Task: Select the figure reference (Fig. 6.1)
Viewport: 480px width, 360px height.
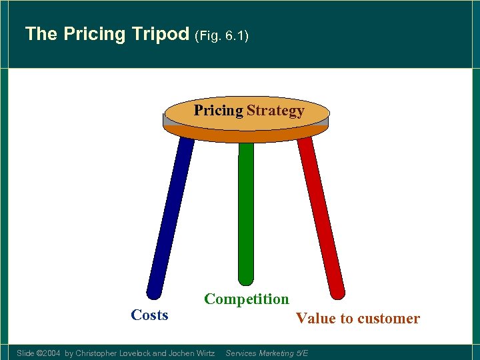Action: click(x=221, y=35)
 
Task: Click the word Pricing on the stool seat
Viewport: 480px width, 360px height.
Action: click(x=218, y=111)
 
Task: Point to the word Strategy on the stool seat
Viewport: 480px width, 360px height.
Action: click(x=275, y=111)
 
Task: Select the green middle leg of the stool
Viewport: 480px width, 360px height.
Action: click(x=246, y=213)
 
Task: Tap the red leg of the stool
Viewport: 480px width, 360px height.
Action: click(x=320, y=213)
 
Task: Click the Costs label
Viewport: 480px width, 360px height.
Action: click(x=149, y=315)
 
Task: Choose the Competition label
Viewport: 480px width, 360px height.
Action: click(x=247, y=299)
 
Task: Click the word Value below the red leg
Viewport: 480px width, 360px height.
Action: click(x=316, y=319)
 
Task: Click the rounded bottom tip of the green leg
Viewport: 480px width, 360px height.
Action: click(x=246, y=279)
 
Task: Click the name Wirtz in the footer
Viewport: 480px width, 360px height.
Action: click(x=203, y=353)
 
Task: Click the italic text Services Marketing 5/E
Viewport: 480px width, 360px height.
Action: click(x=267, y=353)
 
